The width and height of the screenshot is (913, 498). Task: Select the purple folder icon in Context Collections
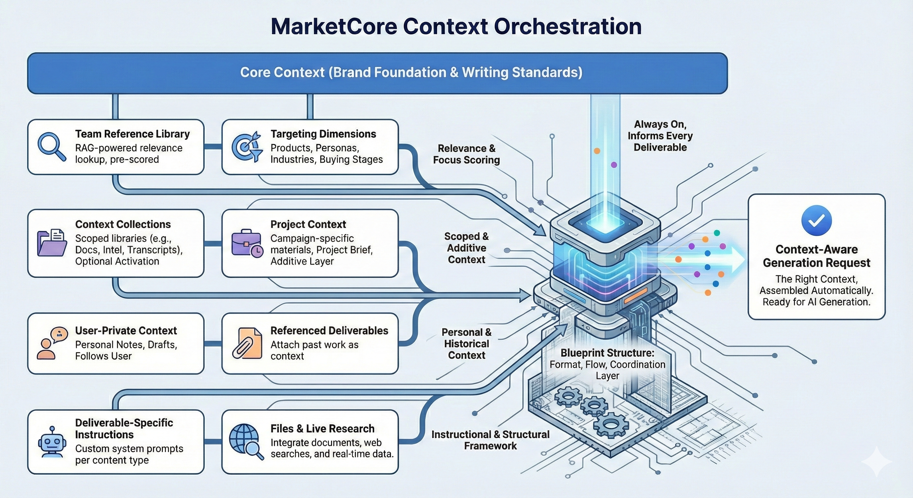point(52,243)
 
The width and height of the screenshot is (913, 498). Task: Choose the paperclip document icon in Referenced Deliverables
point(247,343)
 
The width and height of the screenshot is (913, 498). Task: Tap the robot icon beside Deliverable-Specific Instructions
point(52,442)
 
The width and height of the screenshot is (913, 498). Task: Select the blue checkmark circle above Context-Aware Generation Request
point(816,220)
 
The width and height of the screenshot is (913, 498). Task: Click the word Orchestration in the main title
point(567,27)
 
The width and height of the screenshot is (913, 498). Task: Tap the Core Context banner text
point(411,72)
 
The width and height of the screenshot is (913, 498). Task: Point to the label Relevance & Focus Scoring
point(466,154)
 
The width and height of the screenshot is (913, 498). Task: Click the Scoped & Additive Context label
point(466,248)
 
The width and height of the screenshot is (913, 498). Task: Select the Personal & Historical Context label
point(466,343)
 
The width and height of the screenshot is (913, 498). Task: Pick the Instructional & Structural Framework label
point(490,440)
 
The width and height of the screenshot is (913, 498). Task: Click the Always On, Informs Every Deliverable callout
point(659,136)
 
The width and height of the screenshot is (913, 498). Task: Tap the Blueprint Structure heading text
point(607,353)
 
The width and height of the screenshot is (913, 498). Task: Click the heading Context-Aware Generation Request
point(816,256)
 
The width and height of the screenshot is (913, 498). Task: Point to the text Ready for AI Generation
point(816,302)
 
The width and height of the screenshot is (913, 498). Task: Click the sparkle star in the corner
point(876,461)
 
